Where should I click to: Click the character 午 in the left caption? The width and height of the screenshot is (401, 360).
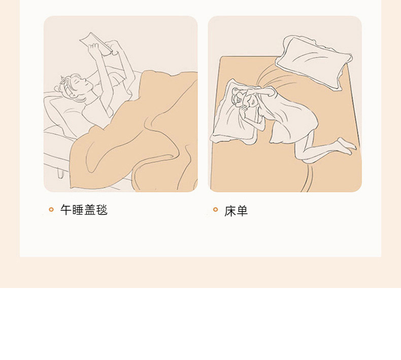pos(65,210)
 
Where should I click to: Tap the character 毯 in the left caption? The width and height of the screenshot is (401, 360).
pos(102,210)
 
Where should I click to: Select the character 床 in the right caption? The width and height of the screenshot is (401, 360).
pos(230,211)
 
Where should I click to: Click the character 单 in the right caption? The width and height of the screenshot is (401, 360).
pos(242,211)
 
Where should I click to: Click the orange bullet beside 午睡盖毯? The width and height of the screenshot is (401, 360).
pos(51,209)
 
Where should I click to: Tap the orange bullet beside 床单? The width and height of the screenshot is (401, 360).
pos(215,209)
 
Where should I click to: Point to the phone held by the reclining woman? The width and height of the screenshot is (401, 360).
pos(96,43)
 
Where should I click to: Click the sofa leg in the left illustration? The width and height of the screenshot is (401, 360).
pos(61,172)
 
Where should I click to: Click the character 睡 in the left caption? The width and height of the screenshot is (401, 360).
pos(78,210)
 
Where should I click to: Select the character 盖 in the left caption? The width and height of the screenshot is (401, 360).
pos(90,210)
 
